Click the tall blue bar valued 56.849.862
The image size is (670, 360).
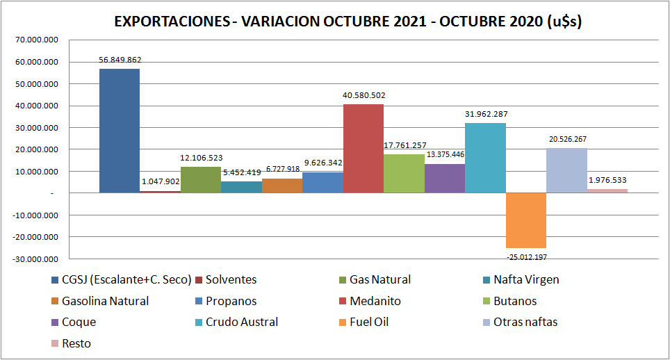120,131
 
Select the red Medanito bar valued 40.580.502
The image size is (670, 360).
363,148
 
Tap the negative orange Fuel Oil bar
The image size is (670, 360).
526,220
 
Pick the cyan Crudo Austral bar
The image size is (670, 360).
485,158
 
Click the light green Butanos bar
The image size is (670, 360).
404,173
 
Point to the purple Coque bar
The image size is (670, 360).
445,178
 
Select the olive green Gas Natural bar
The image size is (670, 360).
201,179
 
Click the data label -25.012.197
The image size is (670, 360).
526,256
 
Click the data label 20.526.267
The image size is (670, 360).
566,139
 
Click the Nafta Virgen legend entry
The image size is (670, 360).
526,280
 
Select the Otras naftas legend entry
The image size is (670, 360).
525,322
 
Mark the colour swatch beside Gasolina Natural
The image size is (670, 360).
54,302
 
